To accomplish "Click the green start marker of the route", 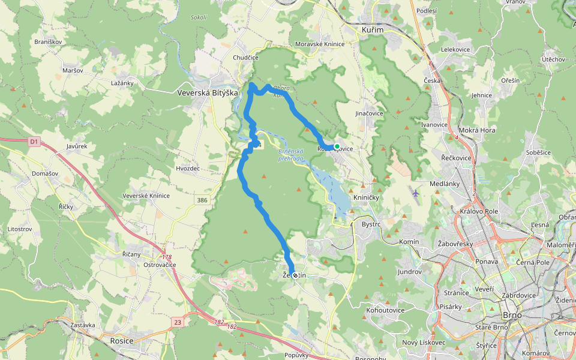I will [337, 146].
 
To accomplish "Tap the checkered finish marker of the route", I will [295, 275].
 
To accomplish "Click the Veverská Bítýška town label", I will [208, 93].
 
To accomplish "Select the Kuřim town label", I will [373, 29].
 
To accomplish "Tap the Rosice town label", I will [122, 341].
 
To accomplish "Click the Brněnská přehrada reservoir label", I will [292, 155].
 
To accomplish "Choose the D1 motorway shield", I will [34, 142].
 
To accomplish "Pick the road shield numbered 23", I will [178, 322].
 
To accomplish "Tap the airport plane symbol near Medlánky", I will [417, 193].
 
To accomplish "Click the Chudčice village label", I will [245, 58].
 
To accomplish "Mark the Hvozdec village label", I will [188, 169].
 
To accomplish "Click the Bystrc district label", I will [371, 224].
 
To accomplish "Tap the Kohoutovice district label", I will [385, 310].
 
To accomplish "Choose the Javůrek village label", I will [77, 146].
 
